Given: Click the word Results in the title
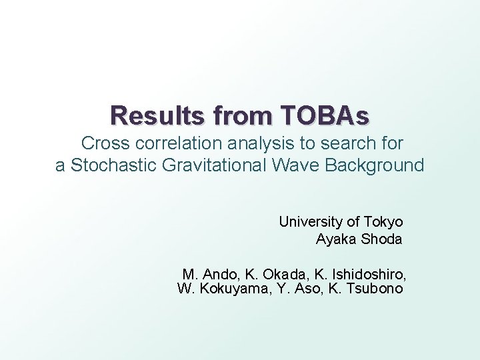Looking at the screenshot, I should [149, 116].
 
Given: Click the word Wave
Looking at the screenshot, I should [291, 165].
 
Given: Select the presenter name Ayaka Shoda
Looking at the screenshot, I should [359, 239].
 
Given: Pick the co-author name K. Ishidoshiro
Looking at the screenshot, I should [357, 274].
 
